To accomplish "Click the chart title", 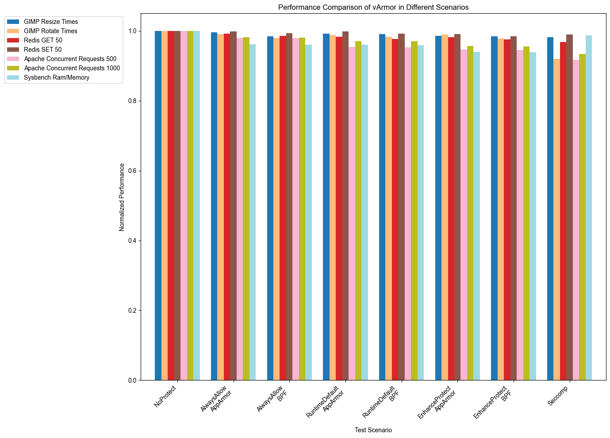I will pyautogui.click(x=373, y=7).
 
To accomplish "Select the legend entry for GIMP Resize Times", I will pyautogui.click(x=51, y=22).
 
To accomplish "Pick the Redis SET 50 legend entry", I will pyautogui.click(x=42, y=50).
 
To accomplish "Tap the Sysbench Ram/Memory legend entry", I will pyautogui.click(x=57, y=77).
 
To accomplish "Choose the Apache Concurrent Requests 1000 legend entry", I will pyautogui.click(x=72, y=68).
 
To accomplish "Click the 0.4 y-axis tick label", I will pyautogui.click(x=131, y=241).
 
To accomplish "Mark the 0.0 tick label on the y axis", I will pyautogui.click(x=131, y=380).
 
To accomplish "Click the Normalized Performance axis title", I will pyautogui.click(x=122, y=197).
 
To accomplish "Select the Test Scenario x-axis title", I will pyautogui.click(x=373, y=430).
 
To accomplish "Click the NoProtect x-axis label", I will pyautogui.click(x=165, y=396).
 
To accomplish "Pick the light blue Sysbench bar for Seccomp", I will pyautogui.click(x=588, y=208).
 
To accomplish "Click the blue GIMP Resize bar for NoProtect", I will pyautogui.click(x=158, y=206).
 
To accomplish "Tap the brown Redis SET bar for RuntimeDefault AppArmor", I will pyautogui.click(x=345, y=206).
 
